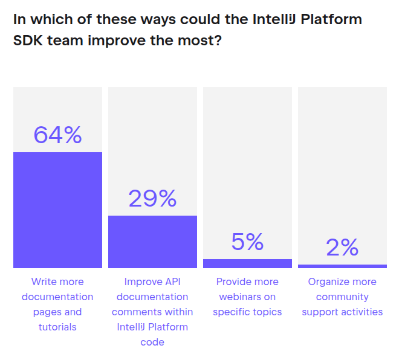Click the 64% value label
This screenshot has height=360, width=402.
(x=57, y=135)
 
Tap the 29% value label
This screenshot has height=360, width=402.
(x=152, y=198)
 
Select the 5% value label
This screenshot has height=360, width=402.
(x=247, y=242)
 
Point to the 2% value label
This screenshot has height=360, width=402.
(x=342, y=247)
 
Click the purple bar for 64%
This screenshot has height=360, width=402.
(x=57, y=210)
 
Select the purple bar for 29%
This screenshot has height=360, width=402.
(x=152, y=242)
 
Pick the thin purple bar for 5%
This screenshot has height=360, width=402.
(x=247, y=263)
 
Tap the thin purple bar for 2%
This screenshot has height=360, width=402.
(x=342, y=266)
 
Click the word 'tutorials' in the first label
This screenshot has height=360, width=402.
(x=57, y=327)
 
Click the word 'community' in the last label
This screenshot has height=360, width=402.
(x=342, y=297)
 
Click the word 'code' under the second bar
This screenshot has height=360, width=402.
(x=152, y=342)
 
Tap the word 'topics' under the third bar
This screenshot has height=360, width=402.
(x=265, y=312)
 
